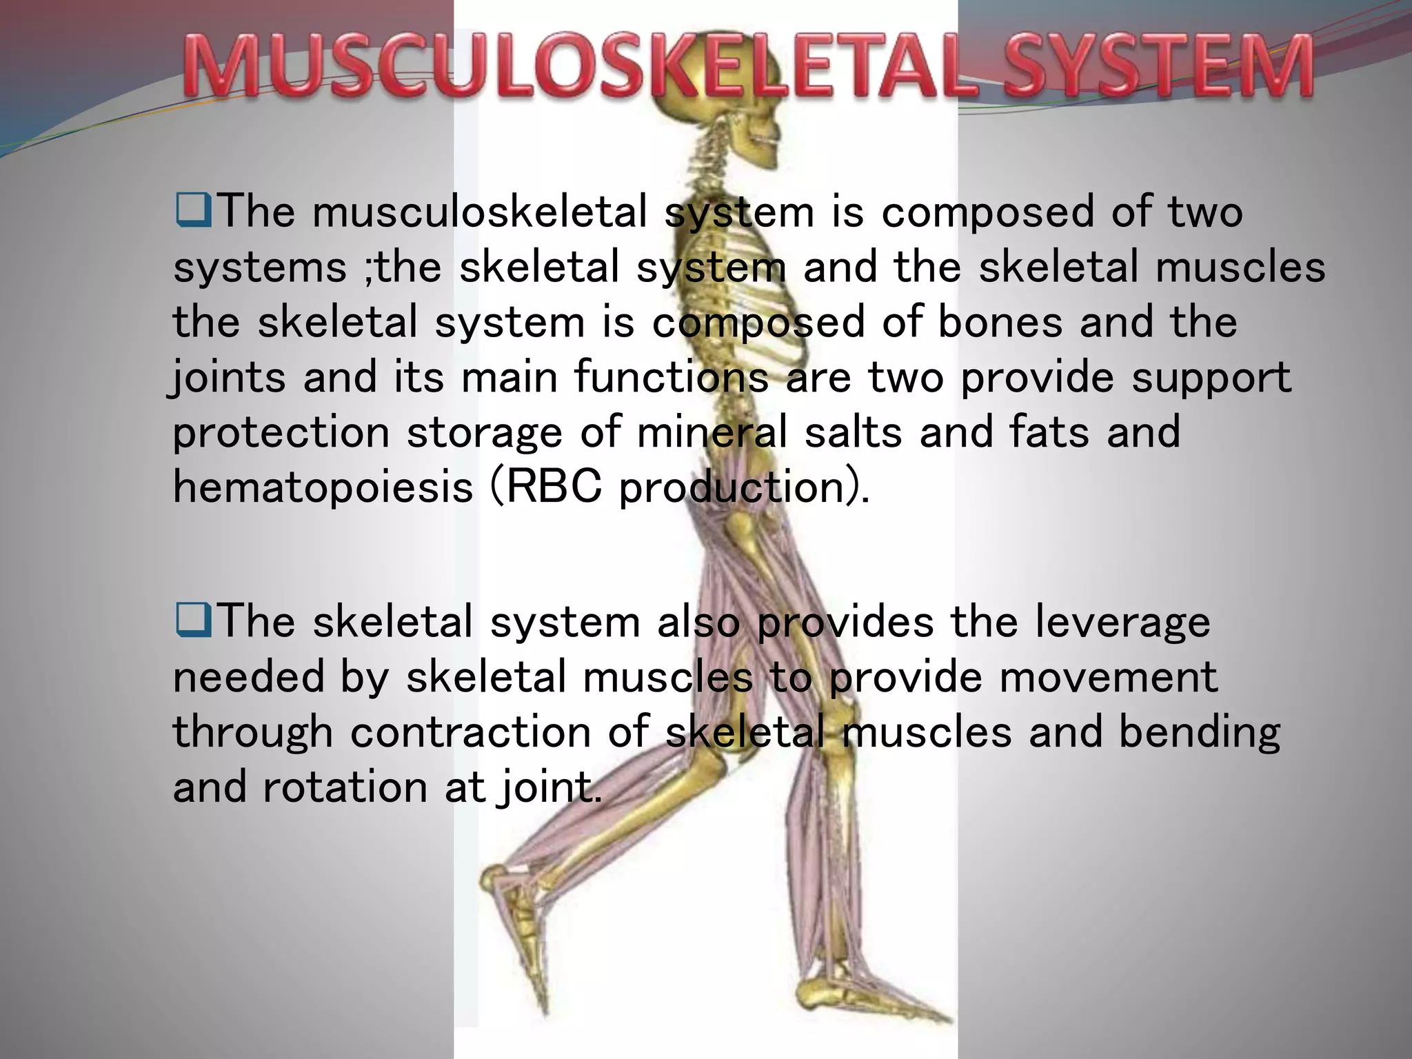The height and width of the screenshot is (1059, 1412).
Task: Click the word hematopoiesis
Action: (x=323, y=487)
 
